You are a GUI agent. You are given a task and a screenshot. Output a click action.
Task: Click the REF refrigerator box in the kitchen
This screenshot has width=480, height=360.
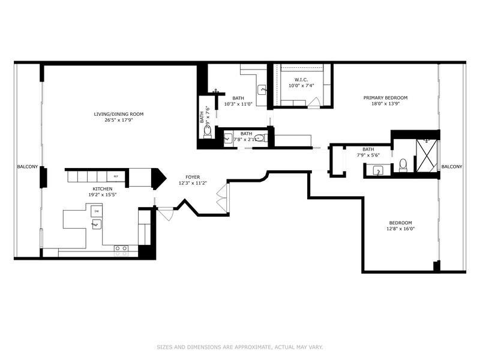pos(117,176)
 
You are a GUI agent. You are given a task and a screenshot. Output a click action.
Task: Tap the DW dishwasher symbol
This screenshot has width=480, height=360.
pos(96,212)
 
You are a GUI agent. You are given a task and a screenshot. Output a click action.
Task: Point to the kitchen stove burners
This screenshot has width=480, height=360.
pos(121,248)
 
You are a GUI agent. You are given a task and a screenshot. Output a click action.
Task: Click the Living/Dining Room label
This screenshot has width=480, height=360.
pos(118,114)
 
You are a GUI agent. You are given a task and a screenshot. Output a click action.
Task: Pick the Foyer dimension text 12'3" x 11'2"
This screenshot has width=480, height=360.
pos(192,184)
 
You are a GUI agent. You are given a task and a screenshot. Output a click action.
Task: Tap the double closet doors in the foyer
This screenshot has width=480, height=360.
pos(223,198)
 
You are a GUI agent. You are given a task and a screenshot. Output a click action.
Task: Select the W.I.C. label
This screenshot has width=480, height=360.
pos(301,80)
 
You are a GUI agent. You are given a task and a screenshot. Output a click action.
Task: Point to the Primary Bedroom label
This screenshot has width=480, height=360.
pos(385,98)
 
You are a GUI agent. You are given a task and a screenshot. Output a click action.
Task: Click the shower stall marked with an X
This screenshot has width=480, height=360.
pos(426,155)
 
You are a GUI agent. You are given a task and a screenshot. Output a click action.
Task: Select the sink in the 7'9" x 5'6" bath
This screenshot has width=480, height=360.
pos(378,171)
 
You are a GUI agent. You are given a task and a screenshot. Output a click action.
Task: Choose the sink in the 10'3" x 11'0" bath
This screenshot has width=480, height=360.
pos(262,90)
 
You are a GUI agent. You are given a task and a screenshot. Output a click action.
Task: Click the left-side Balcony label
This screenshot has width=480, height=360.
pos(28,167)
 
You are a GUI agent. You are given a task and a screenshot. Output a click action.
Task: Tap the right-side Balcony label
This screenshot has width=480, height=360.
pos(452,167)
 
